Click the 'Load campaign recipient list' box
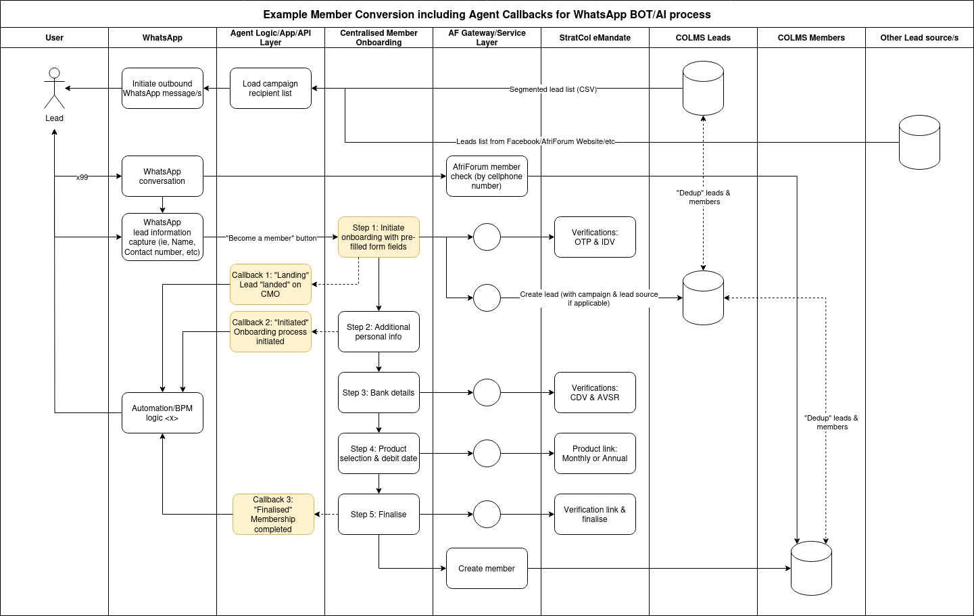coord(270,88)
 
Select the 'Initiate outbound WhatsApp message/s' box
coord(162,88)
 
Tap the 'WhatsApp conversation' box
coord(162,176)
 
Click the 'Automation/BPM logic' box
coord(162,412)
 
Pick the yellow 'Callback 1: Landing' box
coord(270,284)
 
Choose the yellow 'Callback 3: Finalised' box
coord(273,514)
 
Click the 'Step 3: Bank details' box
coord(379,392)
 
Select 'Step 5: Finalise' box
coord(379,514)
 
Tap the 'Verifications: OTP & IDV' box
coord(595,237)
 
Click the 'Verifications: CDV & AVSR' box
coord(595,392)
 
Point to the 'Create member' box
coord(487,568)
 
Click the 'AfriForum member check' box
coord(487,176)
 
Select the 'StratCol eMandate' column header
coord(595,38)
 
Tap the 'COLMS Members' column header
coord(811,38)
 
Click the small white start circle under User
coord(55,73)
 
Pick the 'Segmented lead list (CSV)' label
coord(553,89)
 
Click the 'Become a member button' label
coord(271,238)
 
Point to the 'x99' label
coord(82,177)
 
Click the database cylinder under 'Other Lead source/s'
coord(919,142)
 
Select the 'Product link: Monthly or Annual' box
coord(595,453)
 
